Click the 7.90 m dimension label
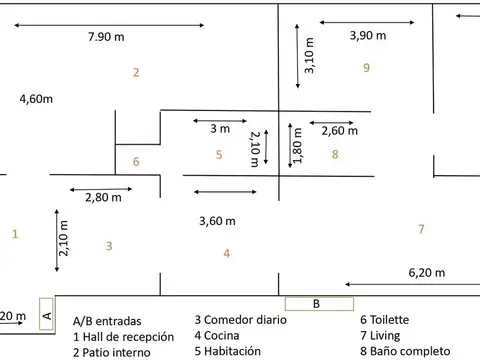click(107, 37)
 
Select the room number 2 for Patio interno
click(135, 72)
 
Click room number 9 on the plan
click(367, 68)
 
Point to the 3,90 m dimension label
click(369, 36)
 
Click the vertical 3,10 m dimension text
click(310, 56)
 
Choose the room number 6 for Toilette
click(136, 161)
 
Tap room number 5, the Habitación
click(218, 154)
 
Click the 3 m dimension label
click(219, 129)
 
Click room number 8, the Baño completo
click(335, 154)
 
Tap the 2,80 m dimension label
click(103, 197)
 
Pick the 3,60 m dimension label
click(217, 221)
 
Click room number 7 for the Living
click(421, 229)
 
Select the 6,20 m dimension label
click(428, 272)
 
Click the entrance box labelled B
click(316, 303)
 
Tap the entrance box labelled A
click(46, 313)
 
